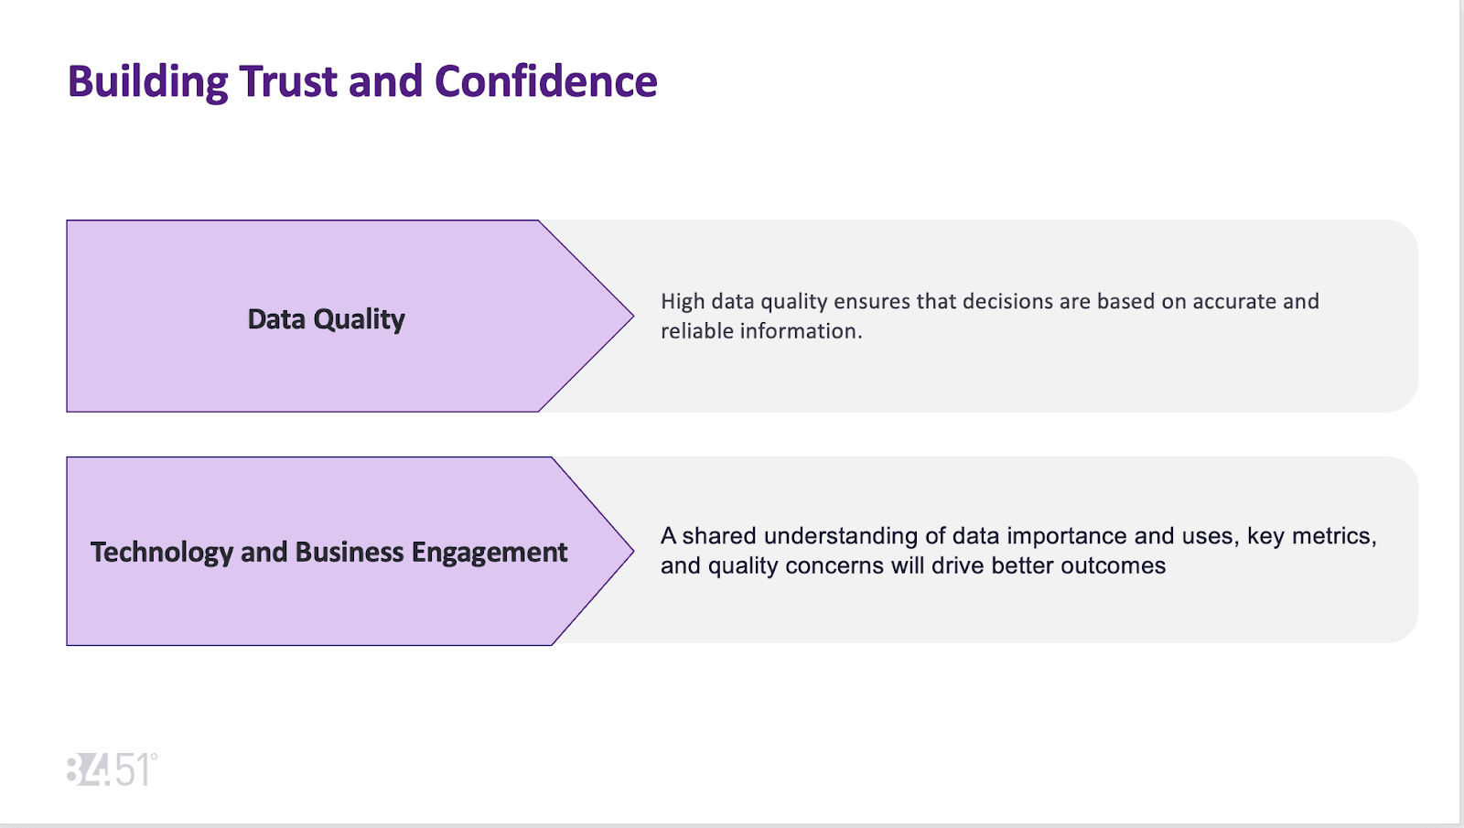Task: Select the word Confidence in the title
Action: point(545,82)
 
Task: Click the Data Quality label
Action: point(326,319)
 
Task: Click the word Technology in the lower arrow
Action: point(162,553)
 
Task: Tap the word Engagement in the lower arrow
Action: point(489,553)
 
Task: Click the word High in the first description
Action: point(682,302)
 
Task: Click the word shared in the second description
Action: point(719,536)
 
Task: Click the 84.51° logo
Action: point(112,770)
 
